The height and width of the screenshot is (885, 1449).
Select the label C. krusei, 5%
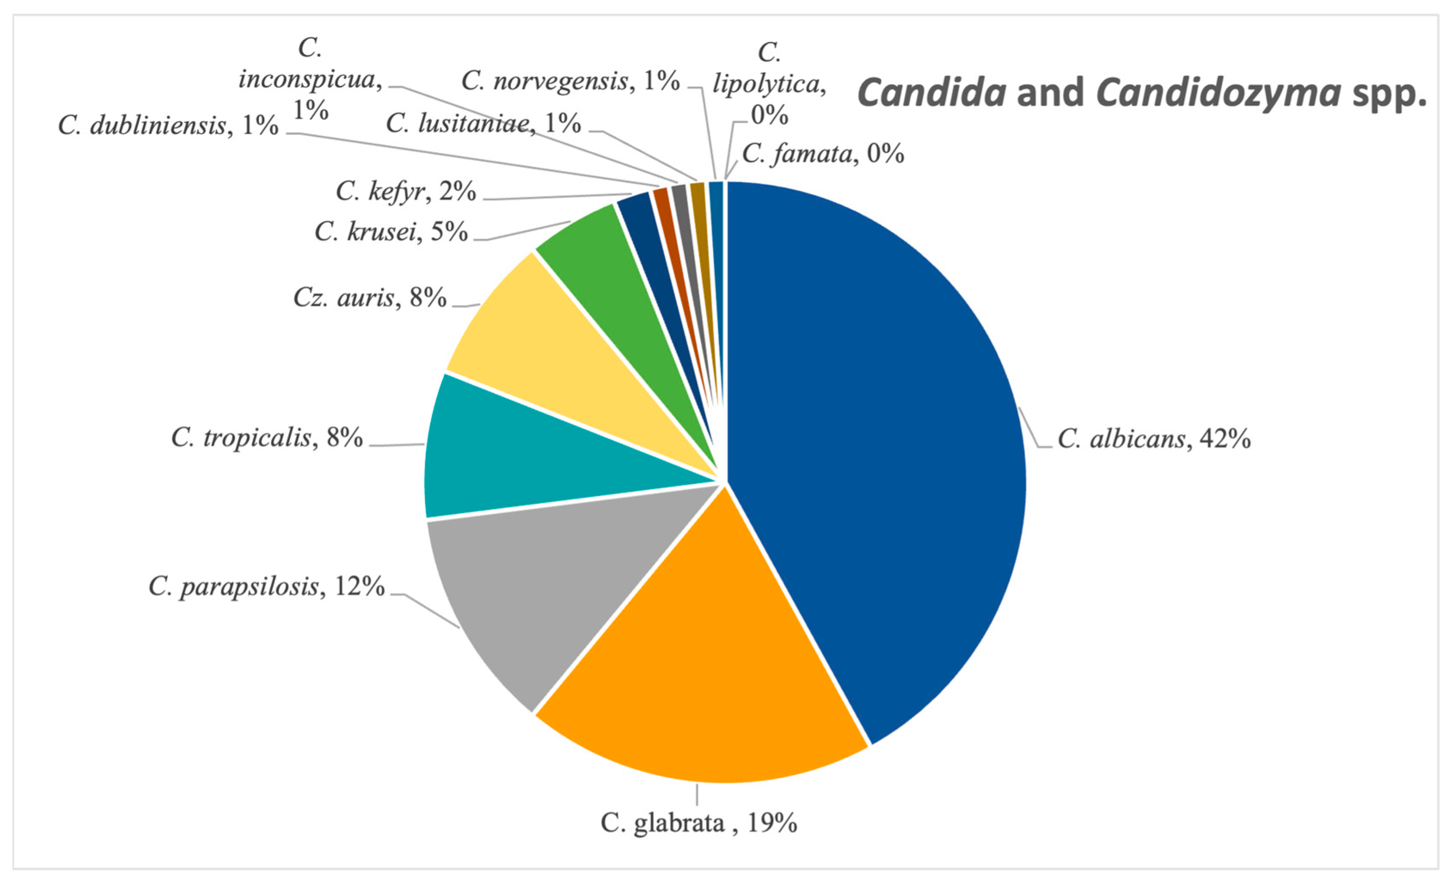(391, 232)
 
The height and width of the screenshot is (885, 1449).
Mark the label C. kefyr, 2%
(406, 191)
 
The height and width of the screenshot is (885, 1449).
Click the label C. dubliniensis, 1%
(168, 125)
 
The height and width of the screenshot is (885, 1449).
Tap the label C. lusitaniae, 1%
(484, 123)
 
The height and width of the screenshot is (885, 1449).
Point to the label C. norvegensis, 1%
(570, 80)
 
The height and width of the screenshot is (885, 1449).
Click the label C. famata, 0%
(823, 153)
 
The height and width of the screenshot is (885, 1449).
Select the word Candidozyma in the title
(1219, 93)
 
